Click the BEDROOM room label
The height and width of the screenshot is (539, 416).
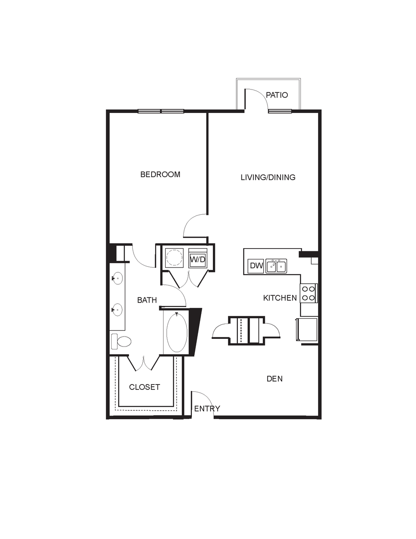160,174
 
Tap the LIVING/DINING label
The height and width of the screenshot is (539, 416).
268,178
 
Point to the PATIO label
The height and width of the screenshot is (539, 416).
277,95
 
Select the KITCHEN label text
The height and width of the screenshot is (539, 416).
280,298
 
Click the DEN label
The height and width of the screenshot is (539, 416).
275,379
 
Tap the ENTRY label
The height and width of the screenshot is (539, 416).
207,409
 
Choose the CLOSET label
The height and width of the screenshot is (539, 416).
144,387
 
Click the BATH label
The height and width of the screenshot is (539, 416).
147,300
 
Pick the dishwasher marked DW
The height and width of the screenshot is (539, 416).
256,266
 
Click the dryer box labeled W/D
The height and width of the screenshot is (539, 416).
198,258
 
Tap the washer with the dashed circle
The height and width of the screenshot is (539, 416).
175,258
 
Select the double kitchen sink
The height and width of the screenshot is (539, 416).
276,266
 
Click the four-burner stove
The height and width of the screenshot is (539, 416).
309,293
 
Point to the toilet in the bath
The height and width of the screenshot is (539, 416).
121,342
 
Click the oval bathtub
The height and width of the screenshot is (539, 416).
177,332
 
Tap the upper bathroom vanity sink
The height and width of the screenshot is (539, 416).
117,278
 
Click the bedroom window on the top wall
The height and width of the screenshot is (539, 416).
161,111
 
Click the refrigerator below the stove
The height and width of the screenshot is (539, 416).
307,329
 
